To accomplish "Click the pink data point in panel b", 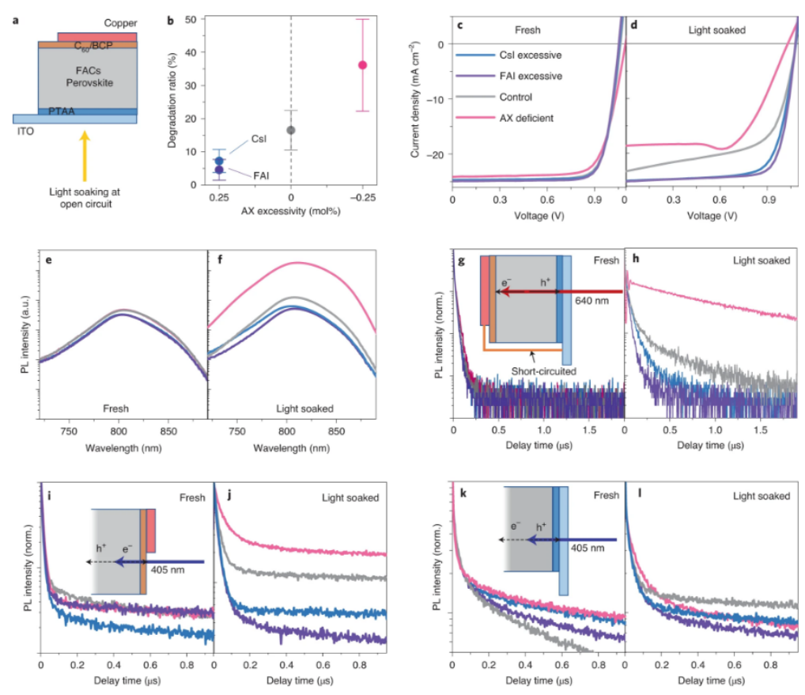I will (363, 65).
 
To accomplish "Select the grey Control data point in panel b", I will (291, 130).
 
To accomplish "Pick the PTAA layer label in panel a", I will (62, 112).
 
